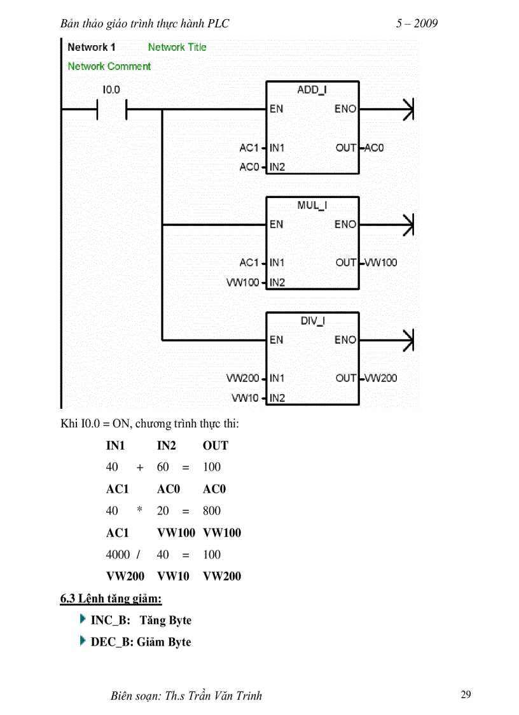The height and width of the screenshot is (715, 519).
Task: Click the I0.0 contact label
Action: pyautogui.click(x=111, y=90)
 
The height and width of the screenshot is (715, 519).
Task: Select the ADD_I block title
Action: pyautogui.click(x=312, y=90)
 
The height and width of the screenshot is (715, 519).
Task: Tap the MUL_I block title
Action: pyautogui.click(x=312, y=205)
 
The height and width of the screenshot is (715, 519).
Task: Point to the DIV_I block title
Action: pyautogui.click(x=312, y=321)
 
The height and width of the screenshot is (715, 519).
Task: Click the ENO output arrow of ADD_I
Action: pyautogui.click(x=407, y=109)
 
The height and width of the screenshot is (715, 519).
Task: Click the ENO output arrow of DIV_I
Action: pyautogui.click(x=407, y=340)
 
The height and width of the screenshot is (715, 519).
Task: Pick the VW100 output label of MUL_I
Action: pyautogui.click(x=380, y=262)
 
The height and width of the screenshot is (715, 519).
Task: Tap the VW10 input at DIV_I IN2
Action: pyautogui.click(x=246, y=398)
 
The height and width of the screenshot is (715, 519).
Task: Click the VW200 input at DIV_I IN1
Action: pyautogui.click(x=243, y=378)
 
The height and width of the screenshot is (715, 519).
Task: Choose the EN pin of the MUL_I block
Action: pyautogui.click(x=276, y=224)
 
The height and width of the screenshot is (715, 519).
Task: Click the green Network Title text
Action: pyautogui.click(x=177, y=47)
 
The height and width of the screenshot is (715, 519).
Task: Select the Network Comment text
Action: pyautogui.click(x=109, y=66)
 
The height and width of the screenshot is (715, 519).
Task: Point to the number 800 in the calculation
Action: pyautogui.click(x=212, y=511)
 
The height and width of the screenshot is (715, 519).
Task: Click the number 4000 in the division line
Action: pyautogui.click(x=118, y=555)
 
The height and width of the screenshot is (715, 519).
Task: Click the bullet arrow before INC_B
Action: pyautogui.click(x=83, y=619)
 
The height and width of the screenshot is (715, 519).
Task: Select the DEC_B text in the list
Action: pyautogui.click(x=111, y=642)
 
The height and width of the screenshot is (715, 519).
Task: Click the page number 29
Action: pyautogui.click(x=466, y=695)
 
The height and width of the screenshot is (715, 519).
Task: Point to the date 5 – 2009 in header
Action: pyautogui.click(x=417, y=24)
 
